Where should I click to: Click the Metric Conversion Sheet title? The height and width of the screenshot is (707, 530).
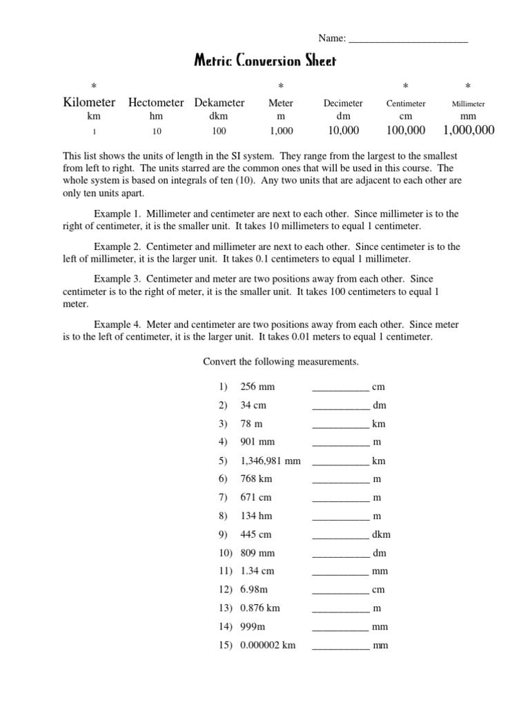[x=265, y=61]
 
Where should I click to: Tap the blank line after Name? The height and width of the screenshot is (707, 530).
[x=409, y=40]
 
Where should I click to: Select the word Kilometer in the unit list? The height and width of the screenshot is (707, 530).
[x=89, y=102]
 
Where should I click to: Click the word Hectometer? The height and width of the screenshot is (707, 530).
[x=156, y=102]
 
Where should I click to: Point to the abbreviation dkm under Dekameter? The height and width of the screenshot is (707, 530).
[x=219, y=117]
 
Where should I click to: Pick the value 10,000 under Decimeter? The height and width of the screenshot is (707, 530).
[x=343, y=130]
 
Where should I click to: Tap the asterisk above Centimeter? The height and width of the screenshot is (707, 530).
[x=405, y=86]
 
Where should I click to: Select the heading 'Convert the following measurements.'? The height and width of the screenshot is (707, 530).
[x=280, y=362]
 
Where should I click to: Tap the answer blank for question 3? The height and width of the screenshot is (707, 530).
[x=341, y=424]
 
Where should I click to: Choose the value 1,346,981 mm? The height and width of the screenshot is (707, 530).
[x=270, y=461]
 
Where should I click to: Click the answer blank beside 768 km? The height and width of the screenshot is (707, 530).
[x=341, y=479]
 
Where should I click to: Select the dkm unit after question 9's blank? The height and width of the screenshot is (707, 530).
[x=381, y=534]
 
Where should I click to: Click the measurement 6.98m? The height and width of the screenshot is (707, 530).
[x=255, y=590]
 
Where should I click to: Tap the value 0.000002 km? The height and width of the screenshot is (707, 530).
[x=268, y=645]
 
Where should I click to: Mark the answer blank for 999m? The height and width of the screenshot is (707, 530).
[x=341, y=627]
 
